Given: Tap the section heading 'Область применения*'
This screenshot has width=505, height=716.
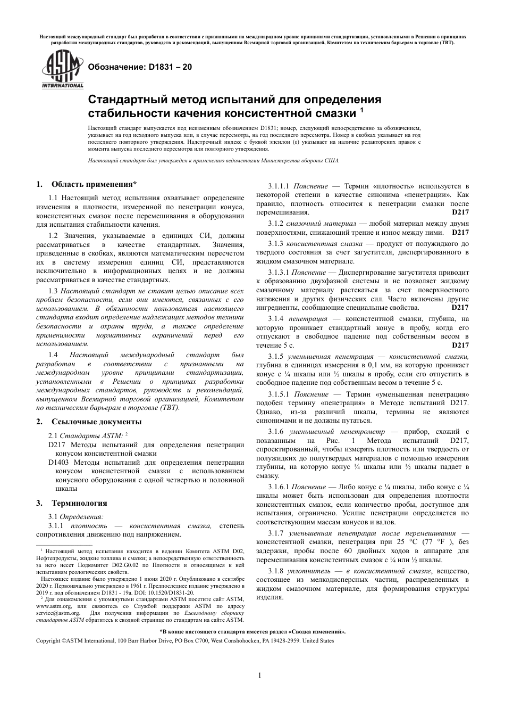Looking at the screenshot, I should (x=94, y=185).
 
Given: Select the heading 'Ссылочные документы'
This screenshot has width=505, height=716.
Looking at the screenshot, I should (x=96, y=422).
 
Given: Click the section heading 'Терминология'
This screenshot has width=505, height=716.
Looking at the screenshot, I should (x=79, y=503).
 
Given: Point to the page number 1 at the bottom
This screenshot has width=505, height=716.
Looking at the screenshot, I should (x=259, y=676).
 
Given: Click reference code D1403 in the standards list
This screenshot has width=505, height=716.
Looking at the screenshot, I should (x=59, y=463).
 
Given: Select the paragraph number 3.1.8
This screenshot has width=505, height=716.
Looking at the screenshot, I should (x=276, y=570).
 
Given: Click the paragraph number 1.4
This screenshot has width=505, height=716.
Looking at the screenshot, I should (x=53, y=355).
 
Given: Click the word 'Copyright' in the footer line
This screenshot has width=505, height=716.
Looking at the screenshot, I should (x=48, y=640).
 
